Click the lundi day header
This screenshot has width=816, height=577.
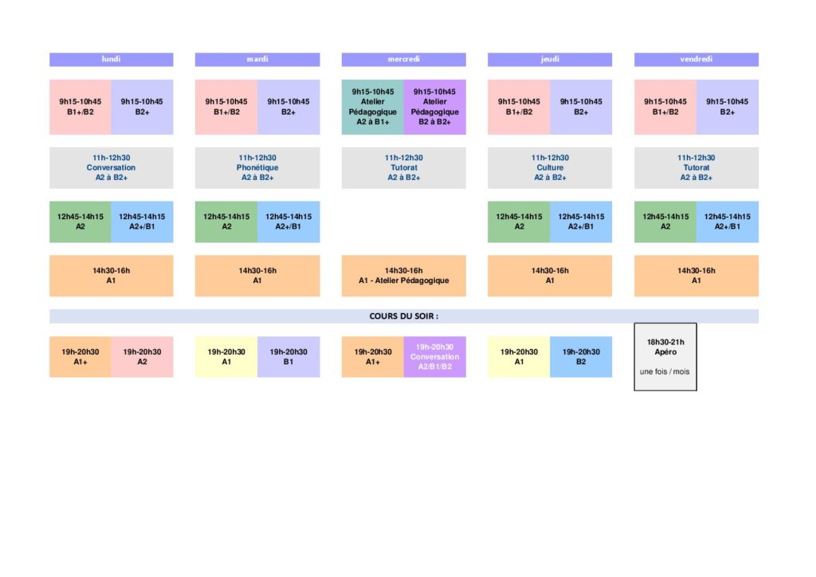(112, 59)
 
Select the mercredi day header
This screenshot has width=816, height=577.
(404, 59)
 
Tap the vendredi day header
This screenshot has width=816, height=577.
(696, 59)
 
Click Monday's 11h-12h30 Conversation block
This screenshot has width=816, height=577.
(112, 167)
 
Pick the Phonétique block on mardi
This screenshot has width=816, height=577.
(257, 167)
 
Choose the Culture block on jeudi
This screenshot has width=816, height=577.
(550, 167)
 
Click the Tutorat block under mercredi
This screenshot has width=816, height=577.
(404, 167)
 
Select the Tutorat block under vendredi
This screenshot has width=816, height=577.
(696, 167)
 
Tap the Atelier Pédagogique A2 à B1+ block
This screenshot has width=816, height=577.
(373, 107)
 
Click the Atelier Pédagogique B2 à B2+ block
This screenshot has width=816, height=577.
(435, 107)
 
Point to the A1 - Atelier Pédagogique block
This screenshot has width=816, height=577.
(404, 276)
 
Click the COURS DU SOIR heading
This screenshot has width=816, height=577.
(404, 316)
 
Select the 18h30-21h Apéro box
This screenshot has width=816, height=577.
(665, 357)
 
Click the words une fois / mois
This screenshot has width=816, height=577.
(665, 371)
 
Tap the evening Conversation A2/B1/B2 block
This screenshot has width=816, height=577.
(435, 357)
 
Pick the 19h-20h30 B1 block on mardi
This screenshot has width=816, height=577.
(288, 357)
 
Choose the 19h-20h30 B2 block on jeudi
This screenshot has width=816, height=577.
(581, 357)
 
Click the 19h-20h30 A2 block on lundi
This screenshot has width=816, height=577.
(142, 357)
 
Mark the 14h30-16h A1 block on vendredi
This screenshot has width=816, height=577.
(696, 276)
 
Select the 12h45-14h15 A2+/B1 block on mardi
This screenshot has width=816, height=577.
(288, 222)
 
